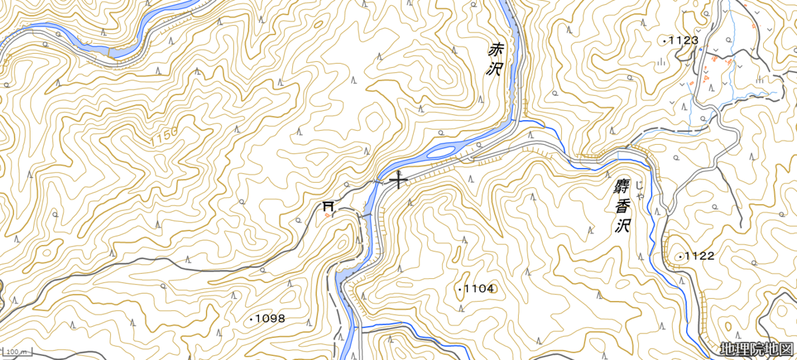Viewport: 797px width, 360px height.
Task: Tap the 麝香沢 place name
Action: click(x=622, y=205)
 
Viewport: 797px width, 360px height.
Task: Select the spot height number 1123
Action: click(x=683, y=41)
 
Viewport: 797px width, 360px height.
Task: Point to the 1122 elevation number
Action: click(x=699, y=256)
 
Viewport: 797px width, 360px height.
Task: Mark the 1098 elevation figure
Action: click(x=270, y=319)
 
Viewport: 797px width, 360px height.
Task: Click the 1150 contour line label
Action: click(x=164, y=136)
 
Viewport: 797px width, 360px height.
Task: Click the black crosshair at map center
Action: click(x=398, y=180)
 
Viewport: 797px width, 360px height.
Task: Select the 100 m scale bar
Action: click(x=16, y=351)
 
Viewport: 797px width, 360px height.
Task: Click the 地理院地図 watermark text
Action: click(x=756, y=349)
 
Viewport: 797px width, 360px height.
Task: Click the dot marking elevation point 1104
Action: click(x=459, y=289)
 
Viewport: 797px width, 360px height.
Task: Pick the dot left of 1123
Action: click(x=664, y=41)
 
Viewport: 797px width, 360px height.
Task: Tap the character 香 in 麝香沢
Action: click(x=621, y=206)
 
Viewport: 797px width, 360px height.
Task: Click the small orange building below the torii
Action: click(x=327, y=215)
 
